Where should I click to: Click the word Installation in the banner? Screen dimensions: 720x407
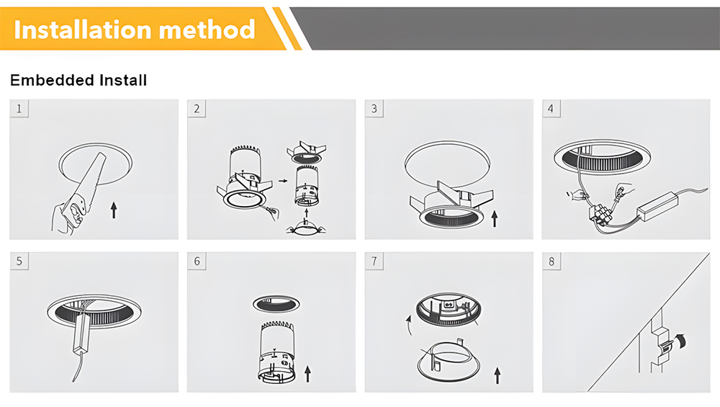click(x=83, y=30)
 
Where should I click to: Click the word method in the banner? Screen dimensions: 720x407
click(x=207, y=30)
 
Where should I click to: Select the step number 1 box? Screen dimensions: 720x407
click(x=19, y=109)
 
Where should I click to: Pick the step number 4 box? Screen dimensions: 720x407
click(x=551, y=109)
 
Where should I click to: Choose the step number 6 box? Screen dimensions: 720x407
click(x=197, y=261)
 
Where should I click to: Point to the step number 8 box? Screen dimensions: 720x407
click(x=552, y=261)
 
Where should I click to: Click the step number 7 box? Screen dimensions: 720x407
click(x=374, y=261)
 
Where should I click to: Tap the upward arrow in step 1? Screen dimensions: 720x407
click(x=114, y=210)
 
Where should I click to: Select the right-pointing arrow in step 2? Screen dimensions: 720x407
click(x=283, y=181)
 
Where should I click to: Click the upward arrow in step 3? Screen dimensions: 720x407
click(x=495, y=219)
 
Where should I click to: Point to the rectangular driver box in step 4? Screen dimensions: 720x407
click(x=657, y=205)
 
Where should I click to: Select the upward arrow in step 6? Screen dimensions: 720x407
click(x=307, y=374)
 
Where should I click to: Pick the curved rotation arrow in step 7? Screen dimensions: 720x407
click(x=409, y=325)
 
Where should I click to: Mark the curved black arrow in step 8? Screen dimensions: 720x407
click(x=680, y=341)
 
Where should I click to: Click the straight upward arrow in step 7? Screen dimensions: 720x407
click(x=498, y=375)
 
